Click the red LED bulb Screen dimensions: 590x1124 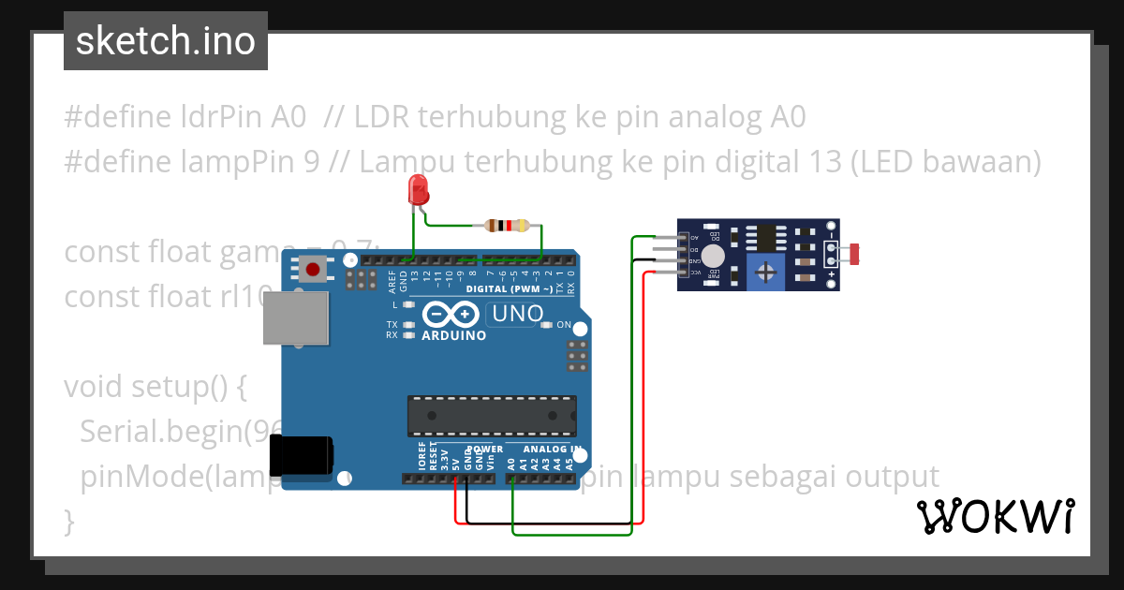(x=418, y=191)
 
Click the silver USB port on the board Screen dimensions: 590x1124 (x=296, y=318)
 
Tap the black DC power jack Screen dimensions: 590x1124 (x=302, y=456)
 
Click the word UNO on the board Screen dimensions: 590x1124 (x=518, y=314)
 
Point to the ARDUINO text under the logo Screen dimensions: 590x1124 (x=454, y=335)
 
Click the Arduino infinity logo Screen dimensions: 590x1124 (x=453, y=315)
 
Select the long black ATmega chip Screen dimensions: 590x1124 (x=491, y=416)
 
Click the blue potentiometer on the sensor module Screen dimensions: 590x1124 (x=766, y=273)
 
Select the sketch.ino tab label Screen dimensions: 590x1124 (x=166, y=41)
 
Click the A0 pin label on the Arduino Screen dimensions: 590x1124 (x=511, y=462)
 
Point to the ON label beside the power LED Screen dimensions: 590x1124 (x=564, y=325)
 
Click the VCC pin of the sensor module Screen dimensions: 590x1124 (x=693, y=273)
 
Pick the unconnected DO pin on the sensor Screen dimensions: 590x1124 (x=693, y=250)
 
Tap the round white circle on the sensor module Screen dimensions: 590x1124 (x=713, y=255)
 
